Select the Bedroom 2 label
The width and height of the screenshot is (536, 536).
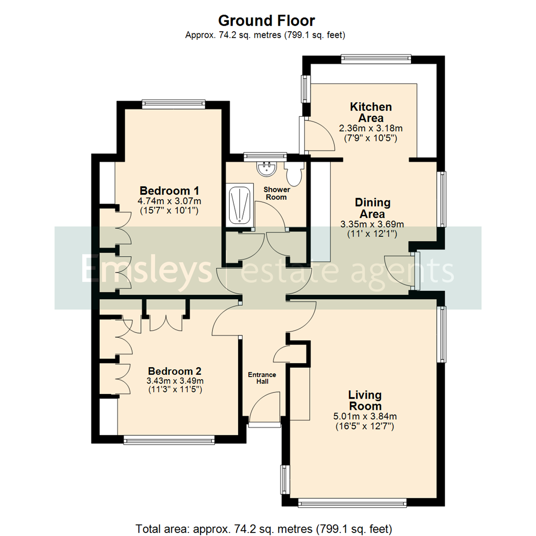[x=175, y=371]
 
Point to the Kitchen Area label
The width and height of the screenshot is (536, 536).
[x=371, y=112]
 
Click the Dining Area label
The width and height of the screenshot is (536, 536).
[x=372, y=208]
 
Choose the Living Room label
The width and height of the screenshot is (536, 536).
[x=365, y=401]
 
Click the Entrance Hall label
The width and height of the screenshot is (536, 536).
[x=262, y=378]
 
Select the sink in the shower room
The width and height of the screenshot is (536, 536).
[x=267, y=168]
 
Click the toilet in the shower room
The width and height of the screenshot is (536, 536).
[x=294, y=174]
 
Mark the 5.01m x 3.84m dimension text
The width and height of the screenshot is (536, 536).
[x=365, y=416]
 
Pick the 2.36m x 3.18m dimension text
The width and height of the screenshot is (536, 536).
[x=371, y=129]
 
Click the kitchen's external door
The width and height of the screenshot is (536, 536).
[x=318, y=134]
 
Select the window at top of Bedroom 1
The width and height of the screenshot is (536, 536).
[x=173, y=103]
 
